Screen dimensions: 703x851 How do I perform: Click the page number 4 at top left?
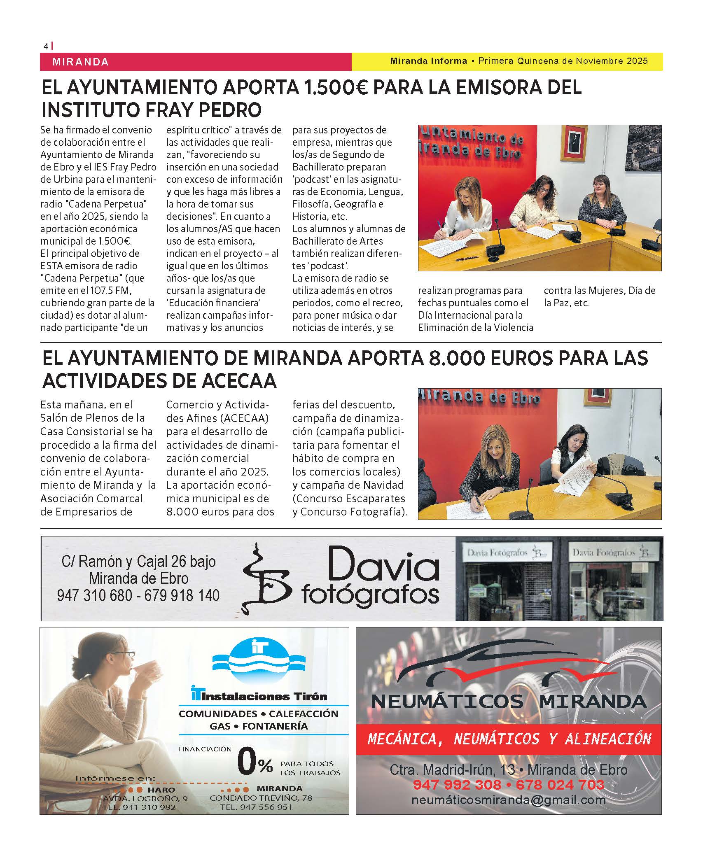46,46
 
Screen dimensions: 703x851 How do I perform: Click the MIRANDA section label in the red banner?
81,62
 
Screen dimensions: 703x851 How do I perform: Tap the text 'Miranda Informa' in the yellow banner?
428,61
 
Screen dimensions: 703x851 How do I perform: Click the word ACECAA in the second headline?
239,380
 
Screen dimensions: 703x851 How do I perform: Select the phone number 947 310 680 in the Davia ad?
95,595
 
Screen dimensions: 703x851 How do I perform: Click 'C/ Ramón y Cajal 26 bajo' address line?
138,561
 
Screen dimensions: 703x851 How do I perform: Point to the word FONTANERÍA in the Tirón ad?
275,726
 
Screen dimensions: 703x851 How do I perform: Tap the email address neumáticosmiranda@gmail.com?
508,800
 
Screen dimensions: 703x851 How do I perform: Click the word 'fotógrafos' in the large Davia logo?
370,595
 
